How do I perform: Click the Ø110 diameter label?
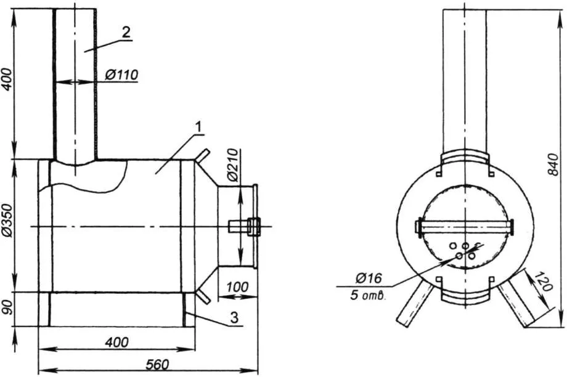[121, 75]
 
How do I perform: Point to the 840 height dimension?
[553, 164]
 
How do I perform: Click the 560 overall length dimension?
[157, 364]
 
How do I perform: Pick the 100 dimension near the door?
[237, 287]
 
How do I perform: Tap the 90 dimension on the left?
[9, 307]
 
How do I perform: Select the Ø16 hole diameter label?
[369, 278]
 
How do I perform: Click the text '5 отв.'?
[368, 296]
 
